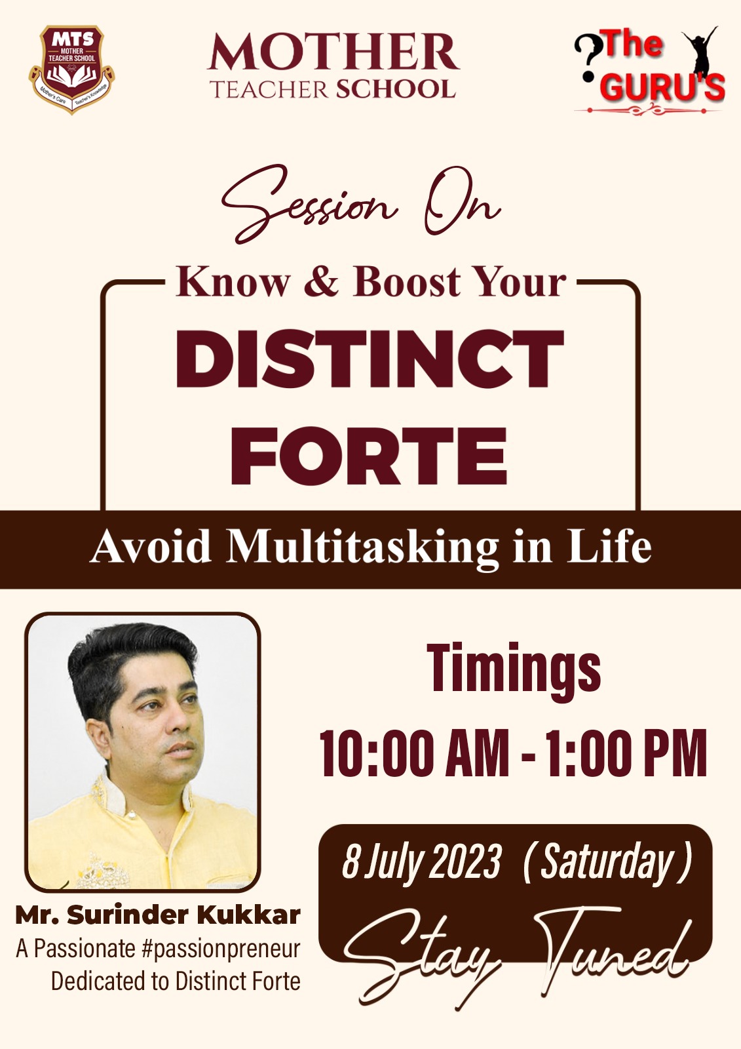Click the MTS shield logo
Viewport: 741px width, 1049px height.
pos(71,69)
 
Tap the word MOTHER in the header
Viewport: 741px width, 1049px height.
pos(333,52)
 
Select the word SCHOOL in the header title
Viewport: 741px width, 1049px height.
pos(396,89)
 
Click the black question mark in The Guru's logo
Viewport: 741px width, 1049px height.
pos(588,58)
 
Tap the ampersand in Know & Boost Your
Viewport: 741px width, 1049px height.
pos(320,282)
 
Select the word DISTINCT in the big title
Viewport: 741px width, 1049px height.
pos(370,359)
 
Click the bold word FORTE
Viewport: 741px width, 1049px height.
pos(370,456)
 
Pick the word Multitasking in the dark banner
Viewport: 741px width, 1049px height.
pos(363,548)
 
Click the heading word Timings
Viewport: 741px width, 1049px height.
pos(514,669)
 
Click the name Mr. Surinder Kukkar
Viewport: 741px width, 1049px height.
pos(158,915)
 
